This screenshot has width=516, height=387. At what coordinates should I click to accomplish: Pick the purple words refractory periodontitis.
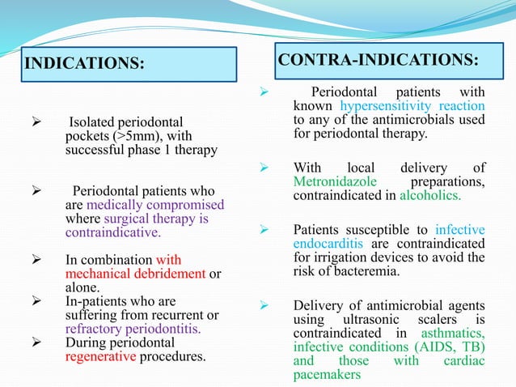[x=132, y=329]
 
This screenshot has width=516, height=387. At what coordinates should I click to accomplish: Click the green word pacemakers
[x=327, y=375]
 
